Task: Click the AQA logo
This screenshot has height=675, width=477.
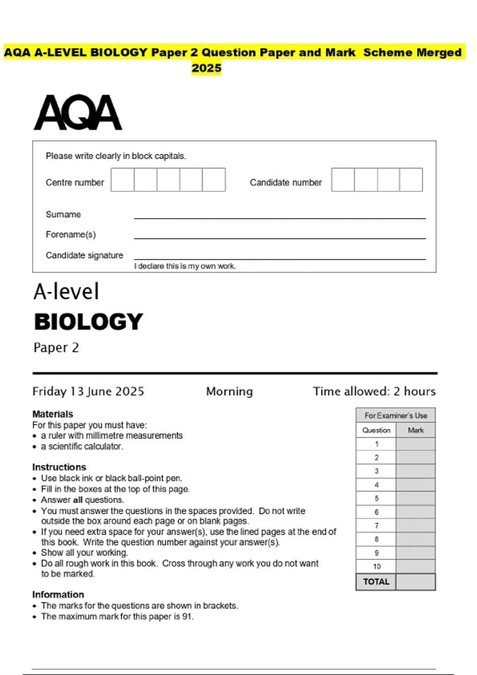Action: pos(78,112)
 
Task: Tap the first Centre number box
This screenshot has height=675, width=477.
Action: pos(122,180)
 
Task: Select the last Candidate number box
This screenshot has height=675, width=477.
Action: pos(411,180)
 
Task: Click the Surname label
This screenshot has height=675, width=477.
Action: pos(63,214)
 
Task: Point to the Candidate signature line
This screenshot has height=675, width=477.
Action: pos(280,258)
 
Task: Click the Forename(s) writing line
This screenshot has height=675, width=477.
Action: pos(280,237)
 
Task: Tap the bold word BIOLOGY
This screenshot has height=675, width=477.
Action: pos(88,322)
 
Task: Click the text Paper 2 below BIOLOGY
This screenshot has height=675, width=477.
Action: pos(56,347)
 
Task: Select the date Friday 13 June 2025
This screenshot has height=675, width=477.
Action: pos(88,391)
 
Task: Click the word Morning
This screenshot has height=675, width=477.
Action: pos(229,391)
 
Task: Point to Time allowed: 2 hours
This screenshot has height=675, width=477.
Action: pos(374,391)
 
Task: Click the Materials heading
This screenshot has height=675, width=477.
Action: pos(52,414)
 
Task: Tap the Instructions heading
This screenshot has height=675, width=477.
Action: pos(59,467)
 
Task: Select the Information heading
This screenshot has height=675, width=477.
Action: pos(58,594)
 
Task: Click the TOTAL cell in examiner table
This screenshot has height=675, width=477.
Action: pos(376,582)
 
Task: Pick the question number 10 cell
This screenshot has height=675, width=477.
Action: pos(376,566)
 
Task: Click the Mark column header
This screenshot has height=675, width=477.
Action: pos(415,430)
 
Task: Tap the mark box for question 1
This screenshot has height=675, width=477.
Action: pos(415,444)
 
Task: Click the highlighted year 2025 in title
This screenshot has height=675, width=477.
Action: pos(206,68)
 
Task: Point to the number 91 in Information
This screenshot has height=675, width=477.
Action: pos(188,617)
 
